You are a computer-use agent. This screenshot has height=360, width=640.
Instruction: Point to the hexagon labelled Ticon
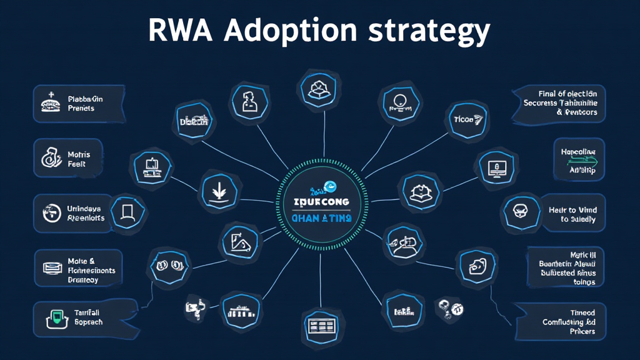(466, 118)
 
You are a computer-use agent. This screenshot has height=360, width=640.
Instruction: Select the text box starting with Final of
(557, 104)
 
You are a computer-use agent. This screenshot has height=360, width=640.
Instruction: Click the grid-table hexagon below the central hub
(319, 325)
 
